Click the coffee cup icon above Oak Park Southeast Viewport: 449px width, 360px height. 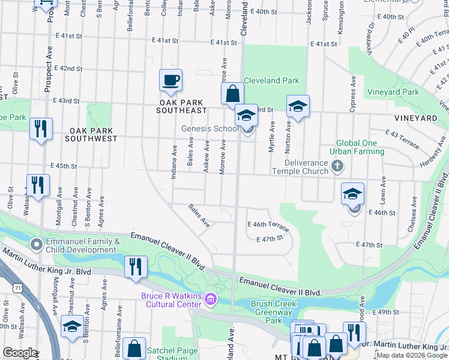[170, 80]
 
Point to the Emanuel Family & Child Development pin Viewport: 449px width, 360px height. [37, 244]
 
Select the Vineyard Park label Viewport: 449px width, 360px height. [393, 92]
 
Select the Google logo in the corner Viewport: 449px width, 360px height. [20, 353]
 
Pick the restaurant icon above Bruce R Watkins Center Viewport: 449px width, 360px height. [136, 266]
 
